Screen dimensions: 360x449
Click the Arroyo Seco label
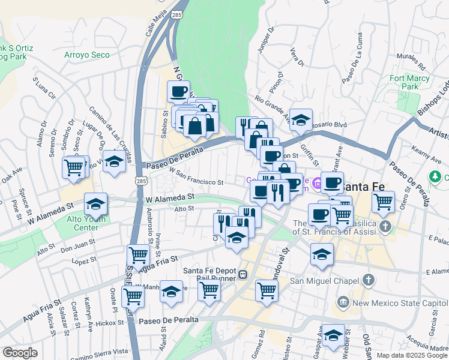point(87,55)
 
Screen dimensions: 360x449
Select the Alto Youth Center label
point(82,223)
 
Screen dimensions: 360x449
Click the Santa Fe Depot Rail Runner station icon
point(243,275)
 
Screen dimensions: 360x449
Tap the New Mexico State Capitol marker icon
point(344,302)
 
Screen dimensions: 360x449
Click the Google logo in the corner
point(20,353)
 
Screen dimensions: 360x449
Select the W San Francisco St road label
point(196,178)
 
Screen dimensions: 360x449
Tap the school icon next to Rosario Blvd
point(301,119)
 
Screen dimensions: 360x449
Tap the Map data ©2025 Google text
point(412,355)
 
